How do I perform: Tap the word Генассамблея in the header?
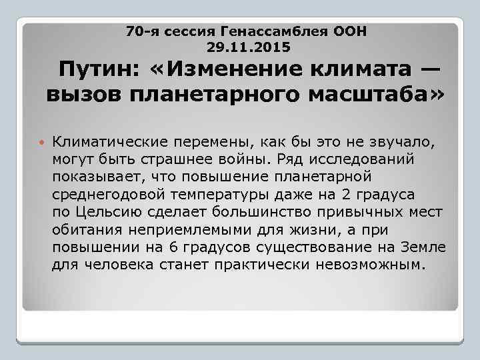[x=281, y=31]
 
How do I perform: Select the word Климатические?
[x=110, y=142]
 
